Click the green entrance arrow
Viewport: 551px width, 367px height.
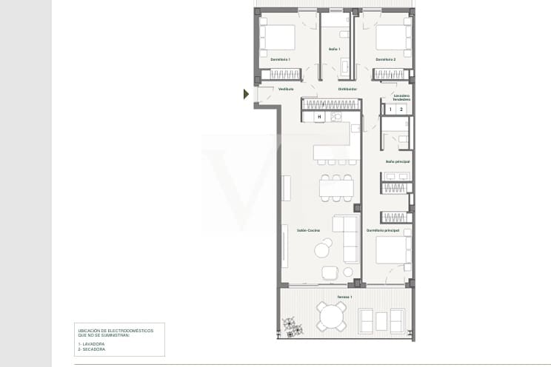pyautogui.click(x=246, y=94)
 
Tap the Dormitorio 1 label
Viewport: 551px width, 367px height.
pyautogui.click(x=280, y=59)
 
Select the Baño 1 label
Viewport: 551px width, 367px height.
pyautogui.click(x=334, y=49)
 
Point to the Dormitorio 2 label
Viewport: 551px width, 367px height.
pyautogui.click(x=386, y=59)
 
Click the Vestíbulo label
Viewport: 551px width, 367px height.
pyautogui.click(x=286, y=89)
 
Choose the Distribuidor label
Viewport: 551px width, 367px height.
pyautogui.click(x=347, y=89)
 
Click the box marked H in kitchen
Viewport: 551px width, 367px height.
pyautogui.click(x=319, y=117)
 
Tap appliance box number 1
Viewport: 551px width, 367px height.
pyautogui.click(x=390, y=110)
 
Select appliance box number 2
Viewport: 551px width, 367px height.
pyautogui.click(x=401, y=110)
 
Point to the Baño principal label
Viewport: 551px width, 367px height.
pyautogui.click(x=397, y=161)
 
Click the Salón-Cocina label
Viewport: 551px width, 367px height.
pyautogui.click(x=308, y=230)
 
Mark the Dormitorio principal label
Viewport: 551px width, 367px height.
pyautogui.click(x=383, y=230)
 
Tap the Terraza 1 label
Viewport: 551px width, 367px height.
pyautogui.click(x=344, y=297)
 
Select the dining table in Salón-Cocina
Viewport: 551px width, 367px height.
pyautogui.click(x=336, y=188)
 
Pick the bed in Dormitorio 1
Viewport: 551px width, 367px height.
pyautogui.click(x=278, y=36)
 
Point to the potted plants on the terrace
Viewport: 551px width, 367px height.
pyautogui.click(x=290, y=326)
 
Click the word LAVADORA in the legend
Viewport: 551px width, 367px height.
pyautogui.click(x=96, y=344)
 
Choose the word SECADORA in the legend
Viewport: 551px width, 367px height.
pyautogui.click(x=95, y=349)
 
